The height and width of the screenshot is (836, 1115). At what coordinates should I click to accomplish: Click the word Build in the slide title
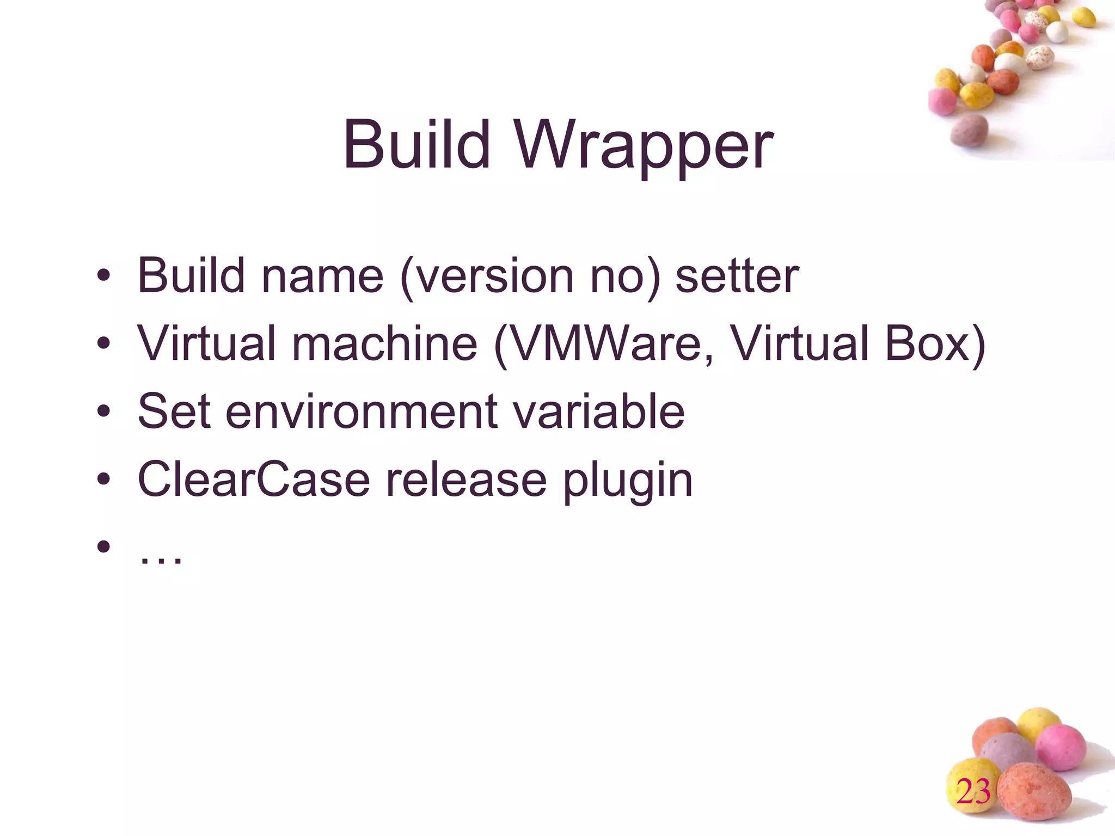click(416, 144)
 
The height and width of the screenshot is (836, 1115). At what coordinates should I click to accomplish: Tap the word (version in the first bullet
click(487, 276)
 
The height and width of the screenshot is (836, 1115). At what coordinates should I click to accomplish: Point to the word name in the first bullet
click(322, 276)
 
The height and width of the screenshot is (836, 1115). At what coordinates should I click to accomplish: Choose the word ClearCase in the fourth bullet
click(254, 480)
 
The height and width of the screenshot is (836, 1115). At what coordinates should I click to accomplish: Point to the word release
click(466, 480)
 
